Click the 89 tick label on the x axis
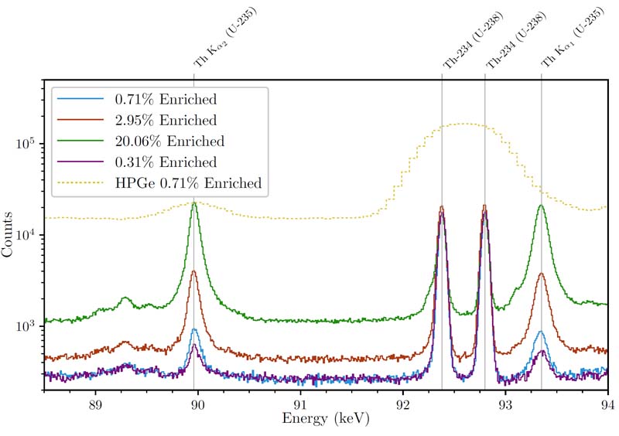tap(95, 404)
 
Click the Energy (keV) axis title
tap(326, 421)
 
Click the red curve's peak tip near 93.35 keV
tap(541, 273)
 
